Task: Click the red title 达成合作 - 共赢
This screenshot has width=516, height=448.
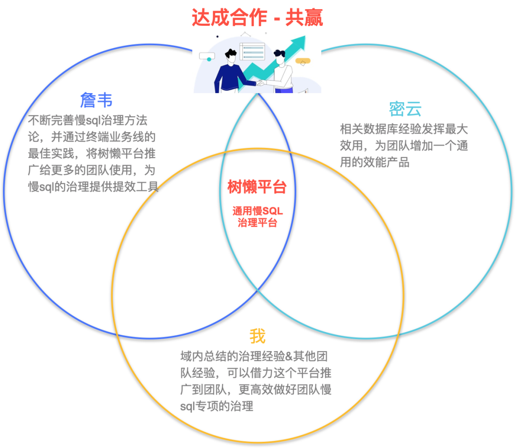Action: pos(257,18)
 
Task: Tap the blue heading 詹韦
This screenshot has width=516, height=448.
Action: pos(97,100)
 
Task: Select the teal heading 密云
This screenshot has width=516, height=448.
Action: pos(405,109)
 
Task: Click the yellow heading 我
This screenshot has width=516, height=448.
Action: pos(257,337)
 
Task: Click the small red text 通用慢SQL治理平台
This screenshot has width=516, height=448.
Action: pos(258,217)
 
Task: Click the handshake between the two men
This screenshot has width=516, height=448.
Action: pos(260,83)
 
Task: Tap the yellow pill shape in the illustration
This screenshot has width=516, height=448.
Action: pos(303,61)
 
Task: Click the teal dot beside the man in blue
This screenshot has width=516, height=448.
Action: pos(209,59)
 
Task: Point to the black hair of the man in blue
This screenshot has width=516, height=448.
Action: pos(231,53)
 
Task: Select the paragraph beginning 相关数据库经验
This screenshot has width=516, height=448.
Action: pos(403,146)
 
